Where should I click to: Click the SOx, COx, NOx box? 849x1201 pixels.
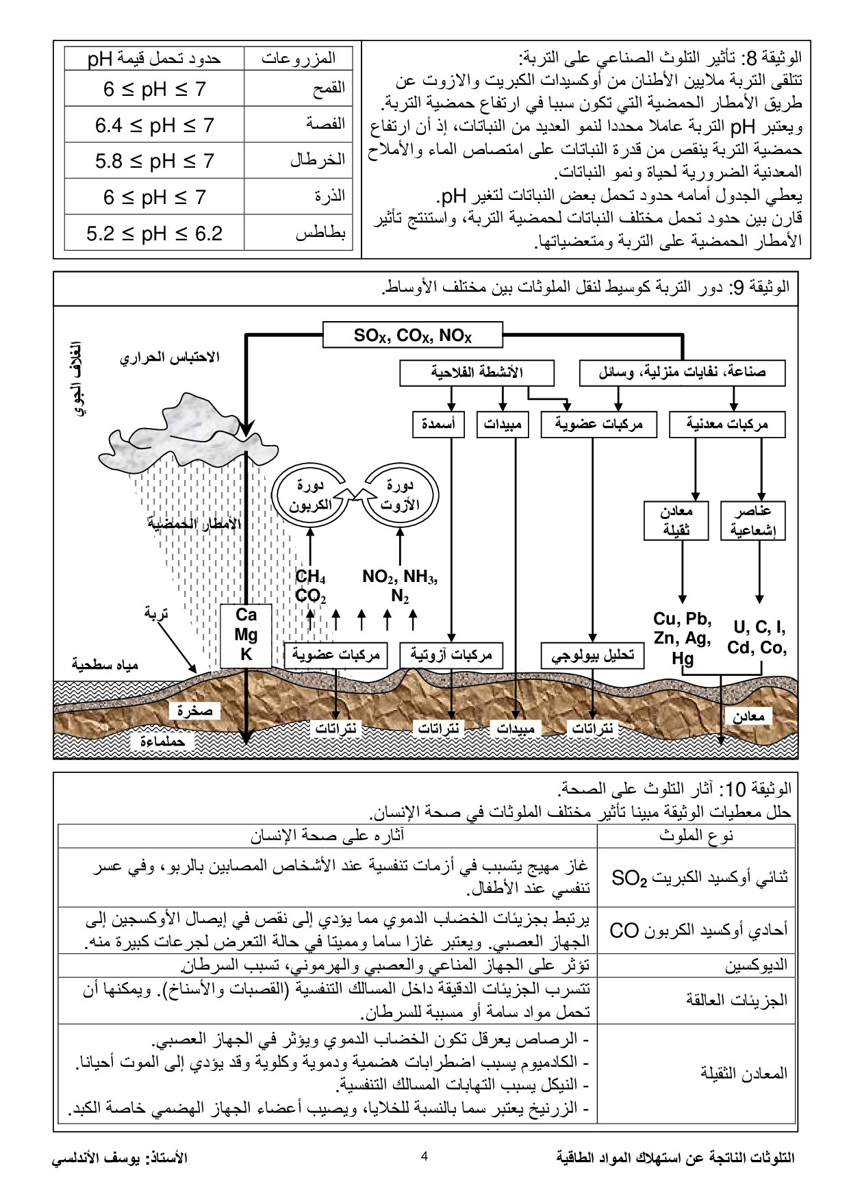(412, 336)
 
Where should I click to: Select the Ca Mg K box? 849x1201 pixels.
(246, 635)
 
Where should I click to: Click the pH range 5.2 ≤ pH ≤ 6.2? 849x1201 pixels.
(154, 233)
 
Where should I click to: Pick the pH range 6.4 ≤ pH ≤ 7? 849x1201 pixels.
(154, 125)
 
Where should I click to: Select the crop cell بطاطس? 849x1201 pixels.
(320, 233)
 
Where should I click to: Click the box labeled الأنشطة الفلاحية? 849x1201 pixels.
(477, 373)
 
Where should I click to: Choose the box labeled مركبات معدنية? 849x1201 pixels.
(727, 425)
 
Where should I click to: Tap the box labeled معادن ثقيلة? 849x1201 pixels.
(676, 521)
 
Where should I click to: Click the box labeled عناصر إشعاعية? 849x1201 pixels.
(752, 521)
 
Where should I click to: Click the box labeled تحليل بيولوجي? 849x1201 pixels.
(593, 655)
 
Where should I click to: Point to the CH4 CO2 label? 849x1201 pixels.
(310, 587)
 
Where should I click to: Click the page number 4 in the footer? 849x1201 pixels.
(424, 1157)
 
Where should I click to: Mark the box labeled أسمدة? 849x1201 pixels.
(438, 425)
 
